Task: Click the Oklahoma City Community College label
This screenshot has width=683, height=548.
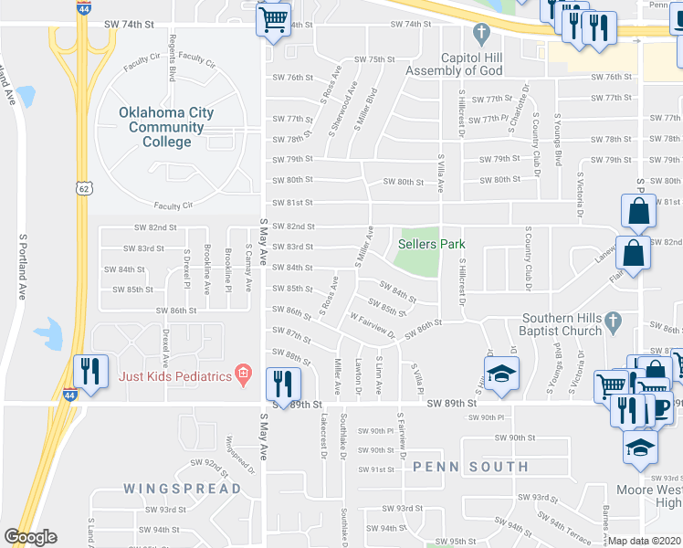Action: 166,127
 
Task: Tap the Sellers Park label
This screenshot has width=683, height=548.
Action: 432,244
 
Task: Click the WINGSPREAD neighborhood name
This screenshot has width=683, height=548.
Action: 184,488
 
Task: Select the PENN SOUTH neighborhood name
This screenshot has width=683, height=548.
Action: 470,467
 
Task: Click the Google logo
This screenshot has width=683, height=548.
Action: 30,537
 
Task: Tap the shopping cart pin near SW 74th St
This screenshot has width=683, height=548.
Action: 274,21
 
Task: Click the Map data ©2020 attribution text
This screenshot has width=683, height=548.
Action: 645,541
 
